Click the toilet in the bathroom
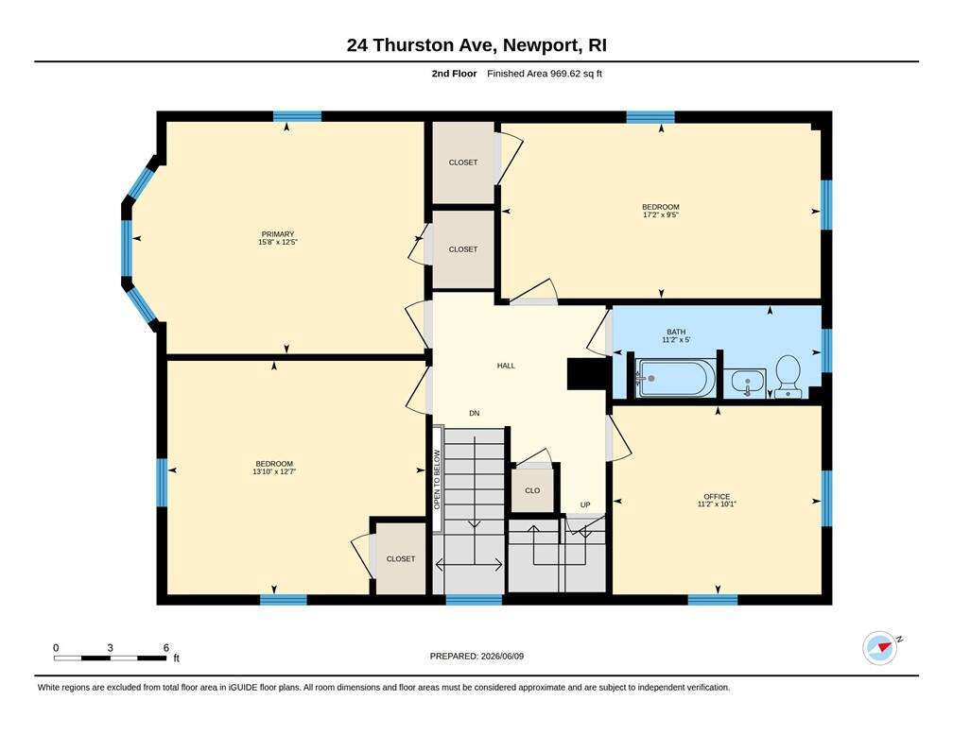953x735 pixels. coord(788,377)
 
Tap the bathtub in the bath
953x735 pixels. coord(671,378)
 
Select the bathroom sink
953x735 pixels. coord(747,383)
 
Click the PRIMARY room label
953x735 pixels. coord(278,234)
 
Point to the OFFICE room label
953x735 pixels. coord(717,496)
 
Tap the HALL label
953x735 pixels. coord(506,366)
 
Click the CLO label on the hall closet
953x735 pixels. coord(532,490)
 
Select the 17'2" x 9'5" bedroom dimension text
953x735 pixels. coord(661,214)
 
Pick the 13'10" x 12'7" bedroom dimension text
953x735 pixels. coord(274,471)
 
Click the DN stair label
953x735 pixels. coord(474,413)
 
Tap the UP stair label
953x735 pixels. coord(584,504)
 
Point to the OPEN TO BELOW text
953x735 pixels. coord(437,480)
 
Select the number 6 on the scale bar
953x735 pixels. coord(166,647)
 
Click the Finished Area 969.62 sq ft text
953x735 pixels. coord(545,74)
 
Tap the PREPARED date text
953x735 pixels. coord(476,656)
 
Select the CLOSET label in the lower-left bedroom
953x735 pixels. coord(401,559)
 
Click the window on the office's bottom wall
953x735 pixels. coord(712,600)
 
